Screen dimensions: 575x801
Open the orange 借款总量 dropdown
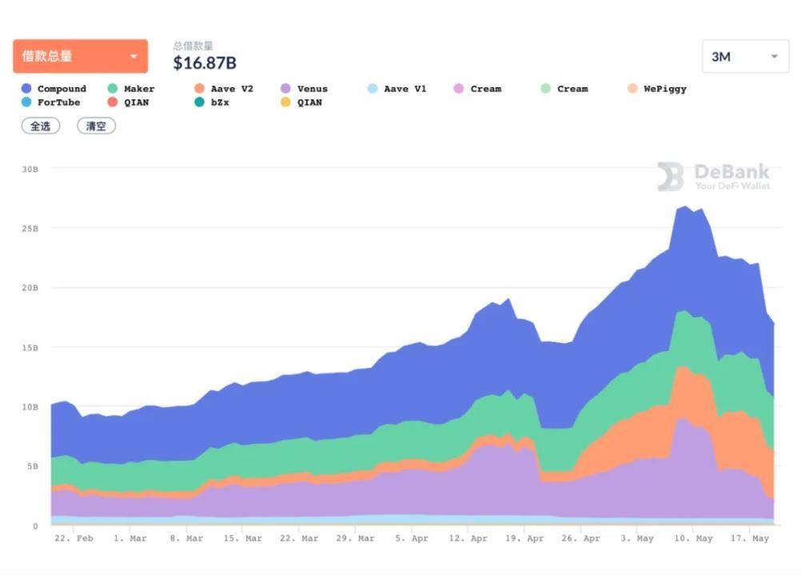pyautogui.click(x=80, y=56)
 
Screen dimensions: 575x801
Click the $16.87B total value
pyautogui.click(x=205, y=62)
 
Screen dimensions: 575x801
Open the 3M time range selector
pyautogui.click(x=744, y=57)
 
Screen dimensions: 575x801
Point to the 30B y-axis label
pyautogui.click(x=30, y=169)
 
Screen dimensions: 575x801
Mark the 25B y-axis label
pyautogui.click(x=30, y=229)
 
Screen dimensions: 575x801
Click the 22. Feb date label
pyautogui.click(x=74, y=538)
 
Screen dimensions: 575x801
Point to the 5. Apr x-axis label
pyautogui.click(x=412, y=538)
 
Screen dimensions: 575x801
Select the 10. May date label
pyautogui.click(x=692, y=538)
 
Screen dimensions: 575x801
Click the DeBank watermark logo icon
pyautogui.click(x=670, y=177)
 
